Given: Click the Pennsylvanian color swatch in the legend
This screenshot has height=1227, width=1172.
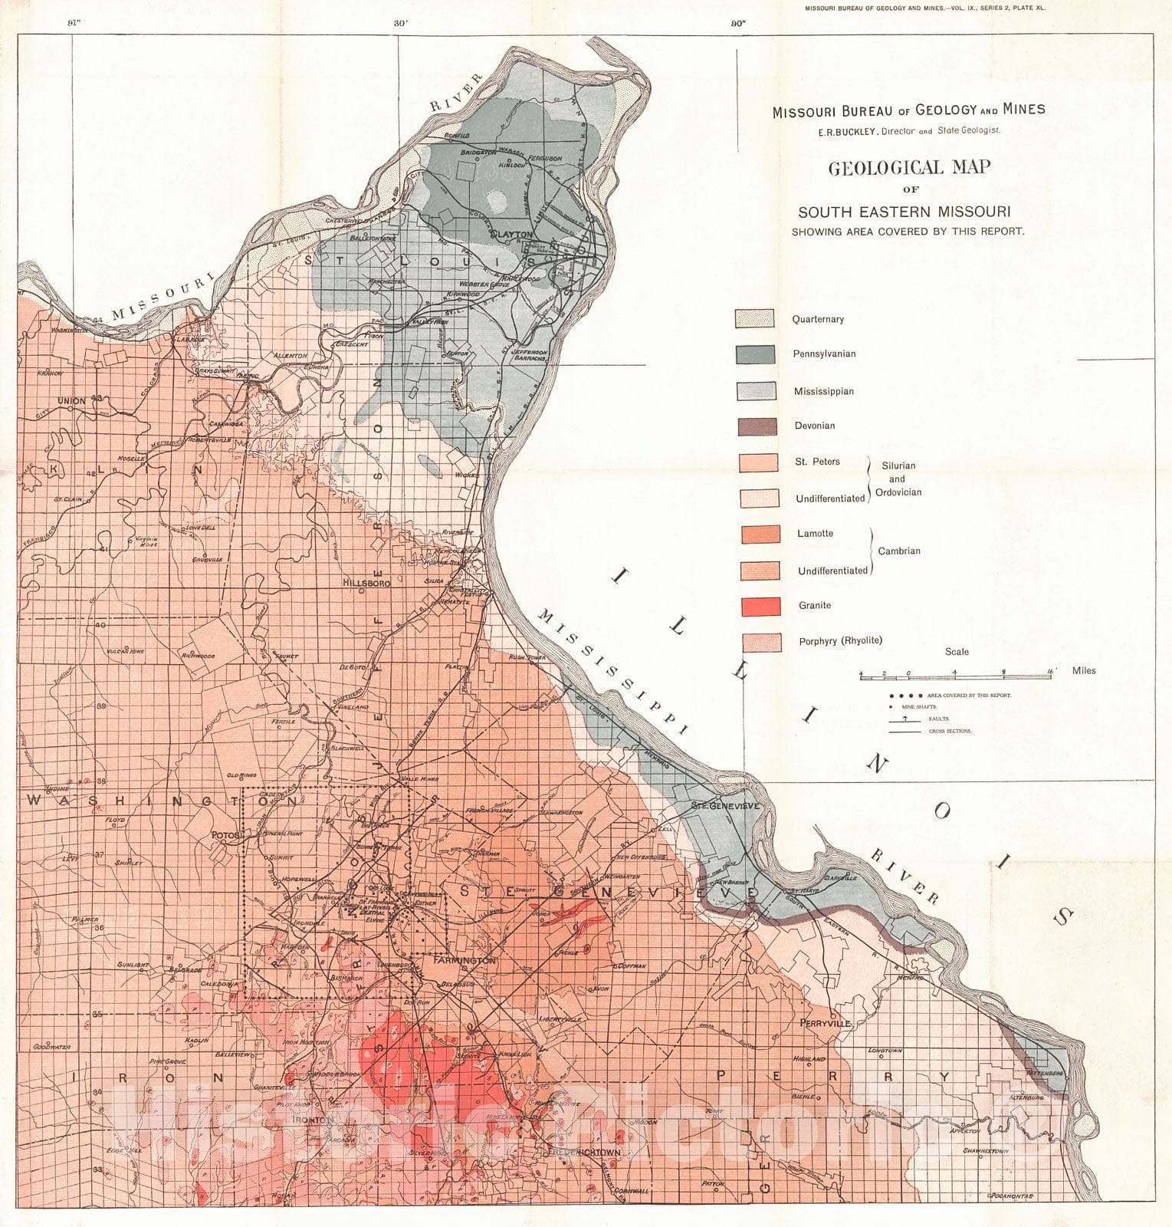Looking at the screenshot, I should (x=757, y=354).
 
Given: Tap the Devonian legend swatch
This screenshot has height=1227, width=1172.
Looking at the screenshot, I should (x=757, y=426).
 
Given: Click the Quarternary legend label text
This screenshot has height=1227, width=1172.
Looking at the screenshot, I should (x=818, y=319).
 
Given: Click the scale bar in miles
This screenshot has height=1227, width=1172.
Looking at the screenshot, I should (x=954, y=674).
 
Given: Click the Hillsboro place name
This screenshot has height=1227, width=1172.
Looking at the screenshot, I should (x=366, y=583).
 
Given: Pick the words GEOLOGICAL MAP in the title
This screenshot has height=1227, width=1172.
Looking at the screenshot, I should (x=908, y=167).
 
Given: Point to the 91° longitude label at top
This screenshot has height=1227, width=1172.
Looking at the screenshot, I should (x=74, y=23).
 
